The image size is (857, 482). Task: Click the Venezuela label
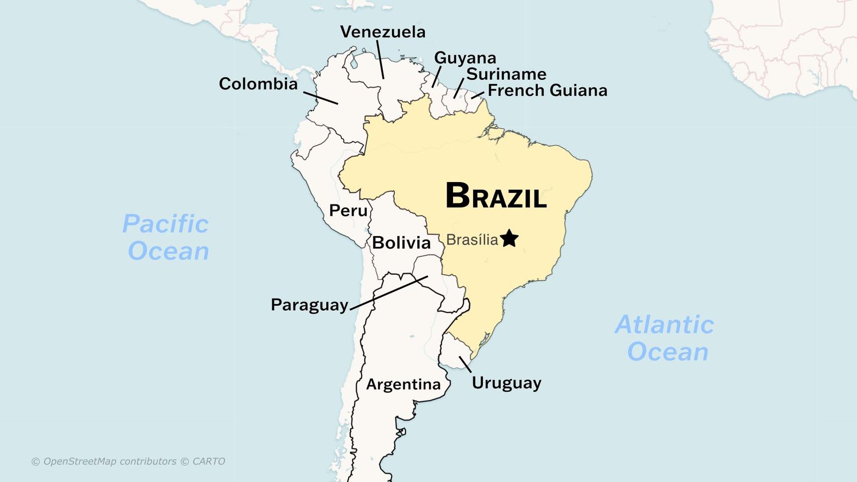[x=382, y=32]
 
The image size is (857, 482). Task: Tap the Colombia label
[x=258, y=84]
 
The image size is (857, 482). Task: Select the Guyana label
[x=465, y=58]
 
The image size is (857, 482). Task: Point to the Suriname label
[x=506, y=74]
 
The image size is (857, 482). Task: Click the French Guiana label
[x=547, y=91]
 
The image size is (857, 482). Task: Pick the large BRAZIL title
[x=496, y=196]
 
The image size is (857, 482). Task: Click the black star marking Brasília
[x=509, y=238]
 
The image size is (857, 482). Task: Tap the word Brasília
[x=472, y=240]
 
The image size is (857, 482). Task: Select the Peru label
[x=348, y=210]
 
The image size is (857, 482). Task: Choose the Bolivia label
[x=401, y=243]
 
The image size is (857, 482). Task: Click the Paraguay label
[x=310, y=305]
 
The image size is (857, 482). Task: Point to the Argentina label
[x=403, y=385]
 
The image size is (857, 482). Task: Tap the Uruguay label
[x=506, y=383]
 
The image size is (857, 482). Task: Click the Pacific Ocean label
[x=167, y=237]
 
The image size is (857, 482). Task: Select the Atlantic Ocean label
[x=665, y=338]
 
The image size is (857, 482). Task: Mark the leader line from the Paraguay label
[x=389, y=293]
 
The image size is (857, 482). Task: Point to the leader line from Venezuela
[x=380, y=59]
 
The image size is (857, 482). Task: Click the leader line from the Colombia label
[x=320, y=97]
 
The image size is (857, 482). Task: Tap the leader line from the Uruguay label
[x=465, y=364]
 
